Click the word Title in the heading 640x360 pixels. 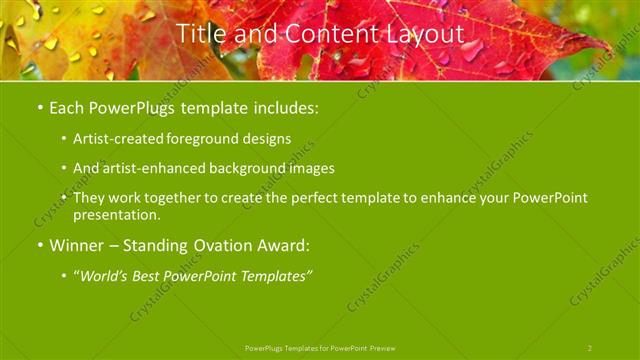[198, 34]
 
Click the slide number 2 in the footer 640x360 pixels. [590, 347]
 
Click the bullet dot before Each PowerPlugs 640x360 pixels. [39, 106]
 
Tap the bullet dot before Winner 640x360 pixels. [39, 245]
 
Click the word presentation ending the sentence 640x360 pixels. [115, 215]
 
